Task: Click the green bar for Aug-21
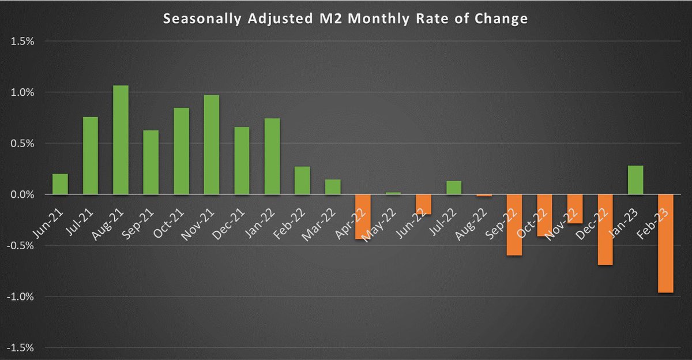tap(121, 140)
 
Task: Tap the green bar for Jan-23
tap(635, 180)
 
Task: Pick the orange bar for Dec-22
tap(605, 230)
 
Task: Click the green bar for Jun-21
tap(60, 184)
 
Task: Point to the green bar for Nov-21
tap(212, 145)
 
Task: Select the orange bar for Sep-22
tap(514, 225)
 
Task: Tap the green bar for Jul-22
tap(454, 187)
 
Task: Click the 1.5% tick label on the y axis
tap(21, 42)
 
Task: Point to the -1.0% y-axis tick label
tap(20, 297)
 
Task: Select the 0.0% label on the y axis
tap(21, 195)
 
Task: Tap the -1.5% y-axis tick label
tap(20, 348)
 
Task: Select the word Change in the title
tap(505, 19)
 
